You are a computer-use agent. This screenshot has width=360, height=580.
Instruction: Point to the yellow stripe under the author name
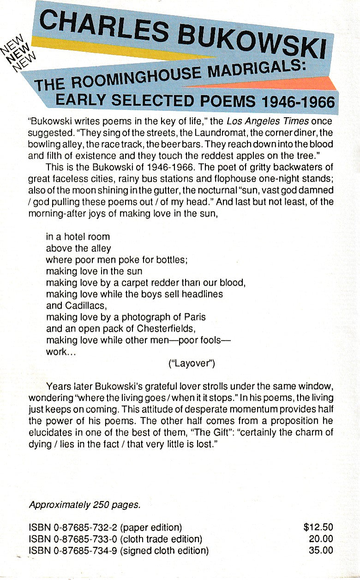click(x=115, y=48)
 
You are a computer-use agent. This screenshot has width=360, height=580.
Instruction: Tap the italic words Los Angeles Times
click(x=260, y=122)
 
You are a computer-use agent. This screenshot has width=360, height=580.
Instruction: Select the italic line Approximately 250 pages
click(x=84, y=505)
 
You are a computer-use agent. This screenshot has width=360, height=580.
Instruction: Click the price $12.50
click(x=318, y=527)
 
